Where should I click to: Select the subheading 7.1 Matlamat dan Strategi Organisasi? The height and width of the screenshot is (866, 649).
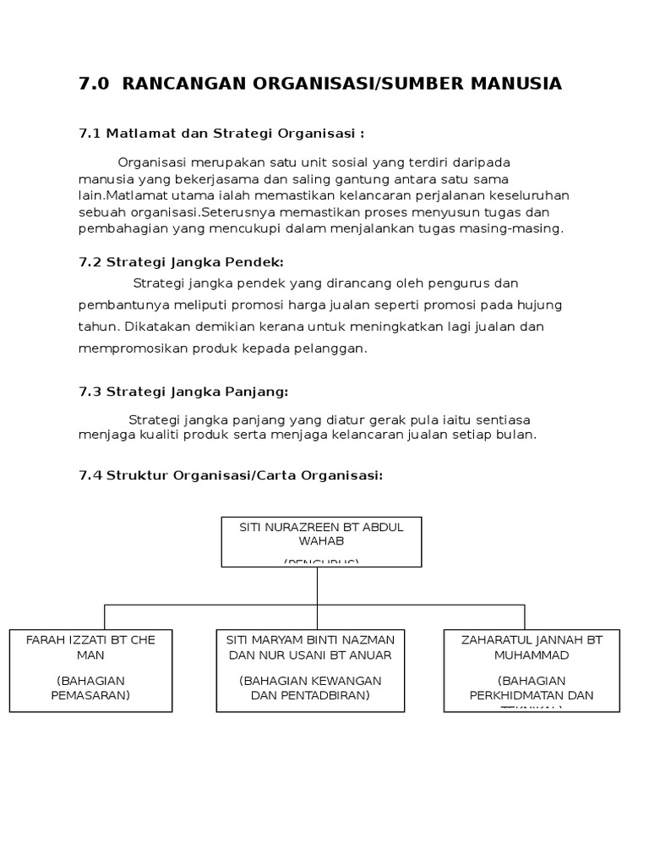click(x=221, y=134)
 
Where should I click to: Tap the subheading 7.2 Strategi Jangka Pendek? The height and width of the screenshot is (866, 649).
click(x=181, y=262)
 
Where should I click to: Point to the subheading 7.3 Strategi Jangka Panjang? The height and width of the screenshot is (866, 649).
click(x=183, y=392)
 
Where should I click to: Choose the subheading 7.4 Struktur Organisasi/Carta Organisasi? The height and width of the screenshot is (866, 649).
click(x=231, y=475)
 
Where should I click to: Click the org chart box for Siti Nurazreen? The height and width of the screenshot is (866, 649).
click(x=321, y=541)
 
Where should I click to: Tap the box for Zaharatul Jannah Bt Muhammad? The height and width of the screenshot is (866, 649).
click(x=532, y=671)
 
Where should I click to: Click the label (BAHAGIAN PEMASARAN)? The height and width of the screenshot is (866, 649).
click(x=93, y=688)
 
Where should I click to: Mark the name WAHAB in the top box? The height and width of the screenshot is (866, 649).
click(x=321, y=541)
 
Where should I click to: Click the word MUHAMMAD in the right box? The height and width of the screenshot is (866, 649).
click(x=532, y=655)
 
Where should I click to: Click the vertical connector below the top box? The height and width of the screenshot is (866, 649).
click(x=318, y=585)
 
